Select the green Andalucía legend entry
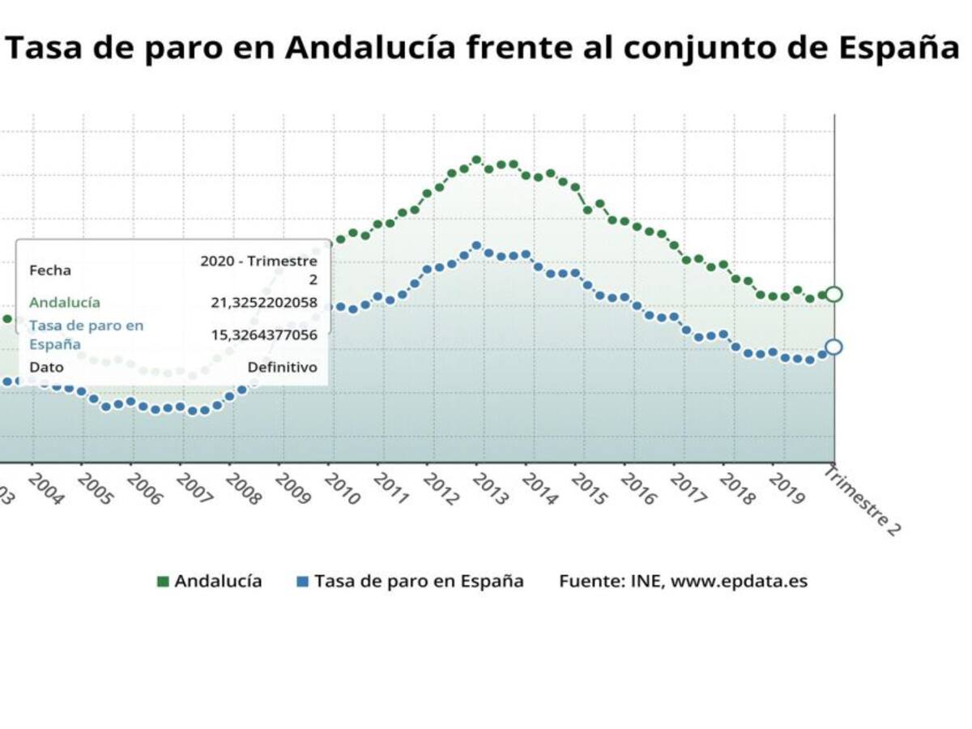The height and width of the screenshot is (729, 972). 210,581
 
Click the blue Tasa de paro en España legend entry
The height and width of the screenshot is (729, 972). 411,581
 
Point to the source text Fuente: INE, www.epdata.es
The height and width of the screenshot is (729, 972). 683,581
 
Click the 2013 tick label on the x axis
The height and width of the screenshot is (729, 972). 490,488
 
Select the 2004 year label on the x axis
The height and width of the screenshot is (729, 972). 45,488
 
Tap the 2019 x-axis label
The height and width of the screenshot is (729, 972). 787,488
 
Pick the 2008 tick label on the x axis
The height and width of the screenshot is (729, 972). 243,488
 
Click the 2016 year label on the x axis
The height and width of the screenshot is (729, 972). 638,488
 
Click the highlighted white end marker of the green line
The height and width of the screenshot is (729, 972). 833,294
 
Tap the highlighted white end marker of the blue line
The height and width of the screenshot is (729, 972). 833,347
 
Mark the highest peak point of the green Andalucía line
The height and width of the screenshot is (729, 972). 476,160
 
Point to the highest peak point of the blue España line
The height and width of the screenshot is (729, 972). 476,245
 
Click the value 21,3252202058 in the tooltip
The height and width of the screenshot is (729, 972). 264,303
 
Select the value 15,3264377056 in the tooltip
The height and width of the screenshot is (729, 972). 264,335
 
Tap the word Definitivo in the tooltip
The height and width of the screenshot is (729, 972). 282,367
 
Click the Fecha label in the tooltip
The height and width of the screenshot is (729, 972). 50,271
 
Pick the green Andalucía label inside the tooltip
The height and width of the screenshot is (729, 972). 65,303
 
